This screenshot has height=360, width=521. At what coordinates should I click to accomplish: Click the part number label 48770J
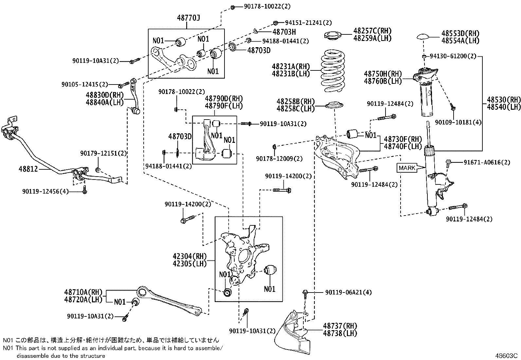tap(189, 18)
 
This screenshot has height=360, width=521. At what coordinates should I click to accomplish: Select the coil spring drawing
tap(332, 70)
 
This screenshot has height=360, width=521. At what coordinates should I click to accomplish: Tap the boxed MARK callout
tap(407, 168)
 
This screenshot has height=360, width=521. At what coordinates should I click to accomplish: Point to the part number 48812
tap(28, 169)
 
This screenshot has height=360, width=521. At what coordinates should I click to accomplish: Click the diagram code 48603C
tap(506, 356)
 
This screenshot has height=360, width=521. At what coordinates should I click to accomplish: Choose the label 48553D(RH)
tap(460, 33)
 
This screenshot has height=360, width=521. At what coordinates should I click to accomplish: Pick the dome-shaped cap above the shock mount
tap(424, 37)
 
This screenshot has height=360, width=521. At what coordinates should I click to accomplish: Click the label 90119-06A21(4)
tap(349, 292)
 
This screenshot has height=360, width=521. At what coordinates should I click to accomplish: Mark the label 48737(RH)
tap(340, 326)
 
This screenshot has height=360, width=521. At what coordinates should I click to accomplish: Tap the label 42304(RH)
tap(189, 256)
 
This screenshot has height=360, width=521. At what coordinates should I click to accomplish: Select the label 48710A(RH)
tap(83, 292)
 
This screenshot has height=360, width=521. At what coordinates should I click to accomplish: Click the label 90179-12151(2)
tap(103, 153)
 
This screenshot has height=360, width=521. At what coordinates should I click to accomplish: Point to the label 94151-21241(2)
tap(308, 23)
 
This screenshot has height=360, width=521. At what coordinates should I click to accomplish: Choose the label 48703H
tap(284, 32)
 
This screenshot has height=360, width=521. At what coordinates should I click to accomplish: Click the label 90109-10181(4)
tap(458, 122)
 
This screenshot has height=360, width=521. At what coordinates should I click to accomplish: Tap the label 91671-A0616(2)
tap(487, 162)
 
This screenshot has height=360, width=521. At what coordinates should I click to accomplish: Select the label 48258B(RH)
tap(296, 102)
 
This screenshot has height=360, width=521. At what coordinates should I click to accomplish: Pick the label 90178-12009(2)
tap(279, 159)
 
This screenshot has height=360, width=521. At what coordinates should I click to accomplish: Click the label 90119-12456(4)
tap(45, 191)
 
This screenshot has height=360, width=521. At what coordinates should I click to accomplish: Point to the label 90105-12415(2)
tap(85, 84)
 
